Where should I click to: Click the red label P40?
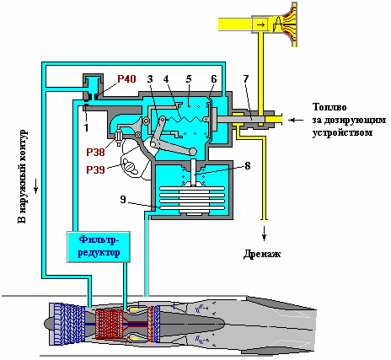coord(126,79)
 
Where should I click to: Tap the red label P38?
coord(95,153)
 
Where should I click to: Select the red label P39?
coord(95,169)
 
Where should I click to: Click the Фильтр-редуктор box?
coord(99,247)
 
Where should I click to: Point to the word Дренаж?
coord(262,254)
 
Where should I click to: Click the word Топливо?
coord(329,107)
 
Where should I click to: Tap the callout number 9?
coord(123,199)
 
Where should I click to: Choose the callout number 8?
coord(248,166)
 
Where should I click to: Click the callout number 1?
coord(86,127)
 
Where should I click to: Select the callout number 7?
coord(246,79)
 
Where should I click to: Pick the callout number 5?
coord(189,79)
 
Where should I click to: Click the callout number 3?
coord(150,79)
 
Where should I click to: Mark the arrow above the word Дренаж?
coord(264,234)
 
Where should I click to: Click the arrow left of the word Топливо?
coord(297,120)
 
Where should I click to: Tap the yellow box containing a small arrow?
coord(260,24)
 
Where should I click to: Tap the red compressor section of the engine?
coord(109,324)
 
